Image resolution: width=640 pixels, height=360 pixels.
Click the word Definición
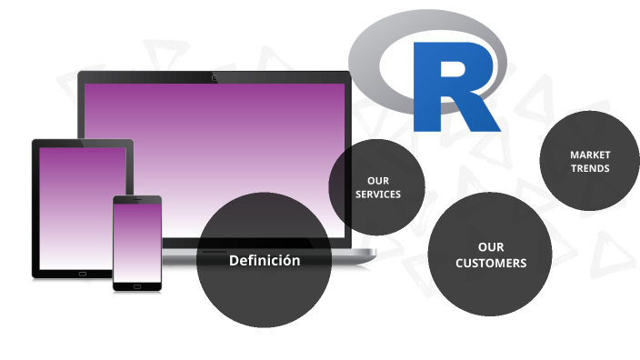264,261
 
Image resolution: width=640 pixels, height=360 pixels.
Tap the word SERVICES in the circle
377,195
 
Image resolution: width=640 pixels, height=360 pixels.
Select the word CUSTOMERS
491,263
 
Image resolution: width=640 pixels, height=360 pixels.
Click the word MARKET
590,155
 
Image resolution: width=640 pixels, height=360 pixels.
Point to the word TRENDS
590,168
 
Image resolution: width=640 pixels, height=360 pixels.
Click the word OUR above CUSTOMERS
491,246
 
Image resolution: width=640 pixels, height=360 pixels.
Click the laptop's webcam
215,77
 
